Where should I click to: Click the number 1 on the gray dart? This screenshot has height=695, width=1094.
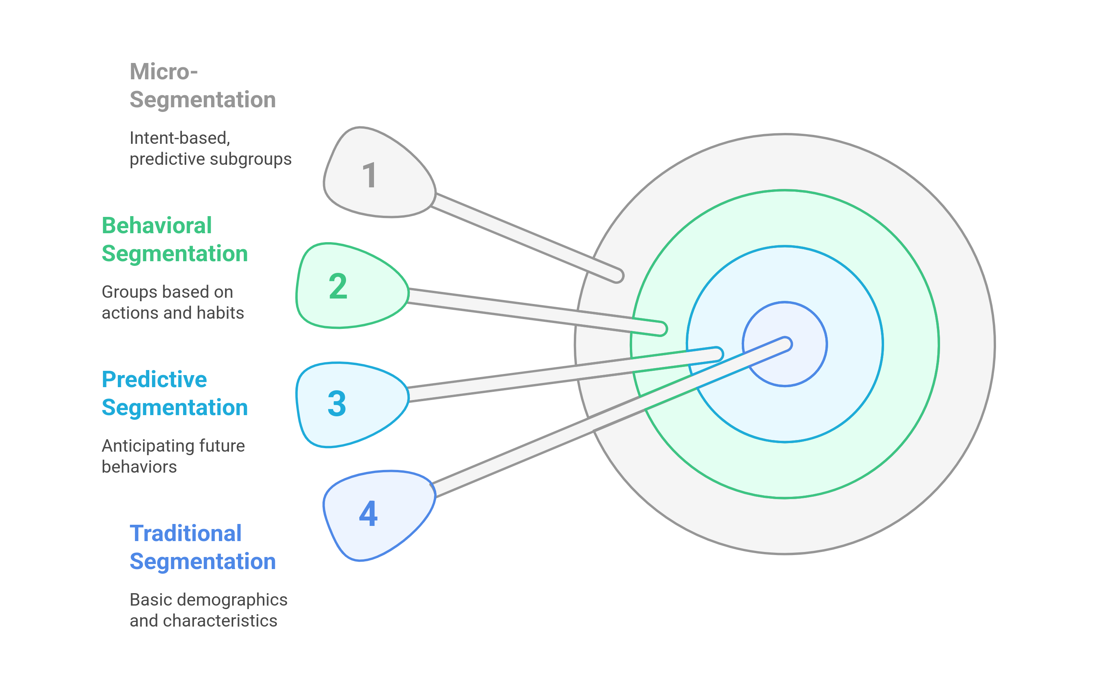[x=369, y=175]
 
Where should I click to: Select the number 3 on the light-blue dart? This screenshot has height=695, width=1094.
[x=337, y=403]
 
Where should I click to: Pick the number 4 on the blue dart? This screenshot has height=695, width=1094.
[x=368, y=514]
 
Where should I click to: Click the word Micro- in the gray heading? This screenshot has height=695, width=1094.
[x=164, y=72]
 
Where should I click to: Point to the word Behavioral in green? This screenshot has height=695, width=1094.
[x=157, y=226]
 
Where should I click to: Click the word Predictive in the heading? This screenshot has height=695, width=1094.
[x=154, y=380]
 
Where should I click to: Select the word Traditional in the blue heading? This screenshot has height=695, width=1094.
[x=185, y=534]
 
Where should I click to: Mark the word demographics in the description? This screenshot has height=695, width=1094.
[x=232, y=600]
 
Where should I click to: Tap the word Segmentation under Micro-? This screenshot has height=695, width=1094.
[x=203, y=100]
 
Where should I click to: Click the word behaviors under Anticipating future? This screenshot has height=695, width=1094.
[x=139, y=467]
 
